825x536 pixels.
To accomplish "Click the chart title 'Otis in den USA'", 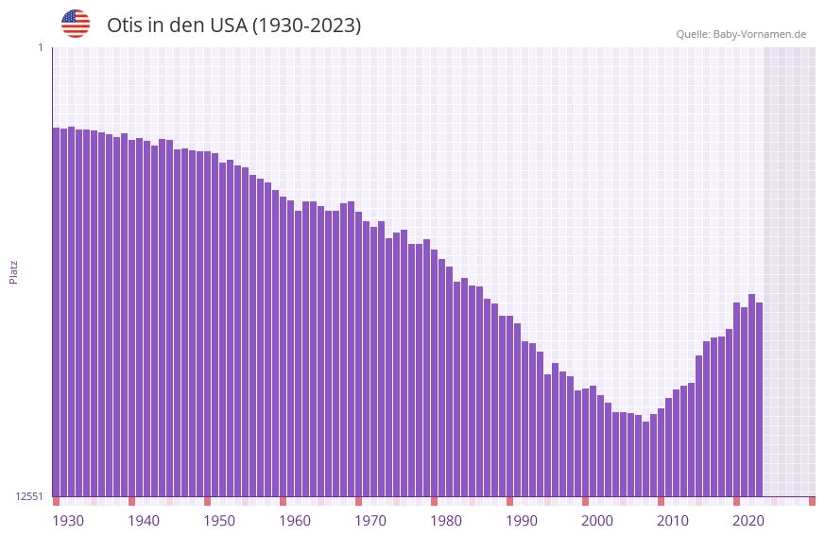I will (x=233, y=26).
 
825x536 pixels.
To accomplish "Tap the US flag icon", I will (x=76, y=24).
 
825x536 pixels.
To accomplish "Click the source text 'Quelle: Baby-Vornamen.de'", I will (x=741, y=34).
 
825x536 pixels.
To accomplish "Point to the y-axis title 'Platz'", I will (x=13, y=272).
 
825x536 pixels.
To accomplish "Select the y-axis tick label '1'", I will (x=40, y=47).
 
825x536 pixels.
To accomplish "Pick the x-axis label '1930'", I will (x=68, y=521).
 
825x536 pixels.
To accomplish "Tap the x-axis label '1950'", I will (x=219, y=521).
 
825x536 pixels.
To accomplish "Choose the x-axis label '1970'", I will (x=370, y=521).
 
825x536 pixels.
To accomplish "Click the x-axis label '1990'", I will (x=522, y=521).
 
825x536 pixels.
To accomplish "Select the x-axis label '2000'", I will (x=597, y=521).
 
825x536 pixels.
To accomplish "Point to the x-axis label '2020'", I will (x=748, y=521).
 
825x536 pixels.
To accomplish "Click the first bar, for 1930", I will (x=57, y=312).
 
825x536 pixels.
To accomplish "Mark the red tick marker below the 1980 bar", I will (x=434, y=501).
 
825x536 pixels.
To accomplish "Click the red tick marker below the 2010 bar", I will (x=661, y=501).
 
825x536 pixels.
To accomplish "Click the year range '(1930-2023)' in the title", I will (x=306, y=26).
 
